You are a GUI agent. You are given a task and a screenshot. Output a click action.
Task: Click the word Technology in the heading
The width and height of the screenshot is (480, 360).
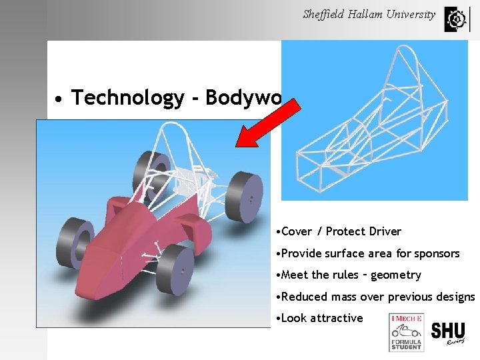pyautogui.click(x=127, y=98)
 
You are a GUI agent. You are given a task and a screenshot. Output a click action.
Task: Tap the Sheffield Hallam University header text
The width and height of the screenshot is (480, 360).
pyautogui.click(x=369, y=14)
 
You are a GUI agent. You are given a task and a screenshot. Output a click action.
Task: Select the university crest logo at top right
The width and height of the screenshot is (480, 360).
pyautogui.click(x=456, y=19)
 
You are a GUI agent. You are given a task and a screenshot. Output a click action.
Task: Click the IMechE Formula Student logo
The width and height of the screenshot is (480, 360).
pyautogui.click(x=405, y=333)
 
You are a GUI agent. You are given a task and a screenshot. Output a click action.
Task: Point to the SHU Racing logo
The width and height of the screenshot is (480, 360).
pyautogui.click(x=447, y=333)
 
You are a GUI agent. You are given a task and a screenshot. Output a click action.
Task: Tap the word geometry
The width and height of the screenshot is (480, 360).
pyautogui.click(x=397, y=275)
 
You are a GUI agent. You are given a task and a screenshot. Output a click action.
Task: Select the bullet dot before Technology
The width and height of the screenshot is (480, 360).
pyautogui.click(x=59, y=99)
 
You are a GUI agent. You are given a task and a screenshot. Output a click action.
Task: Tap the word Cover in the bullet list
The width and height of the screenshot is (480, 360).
pyautogui.click(x=297, y=231)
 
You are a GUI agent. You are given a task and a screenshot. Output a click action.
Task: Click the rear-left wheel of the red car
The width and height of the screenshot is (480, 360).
pyautogui.click(x=152, y=169)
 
